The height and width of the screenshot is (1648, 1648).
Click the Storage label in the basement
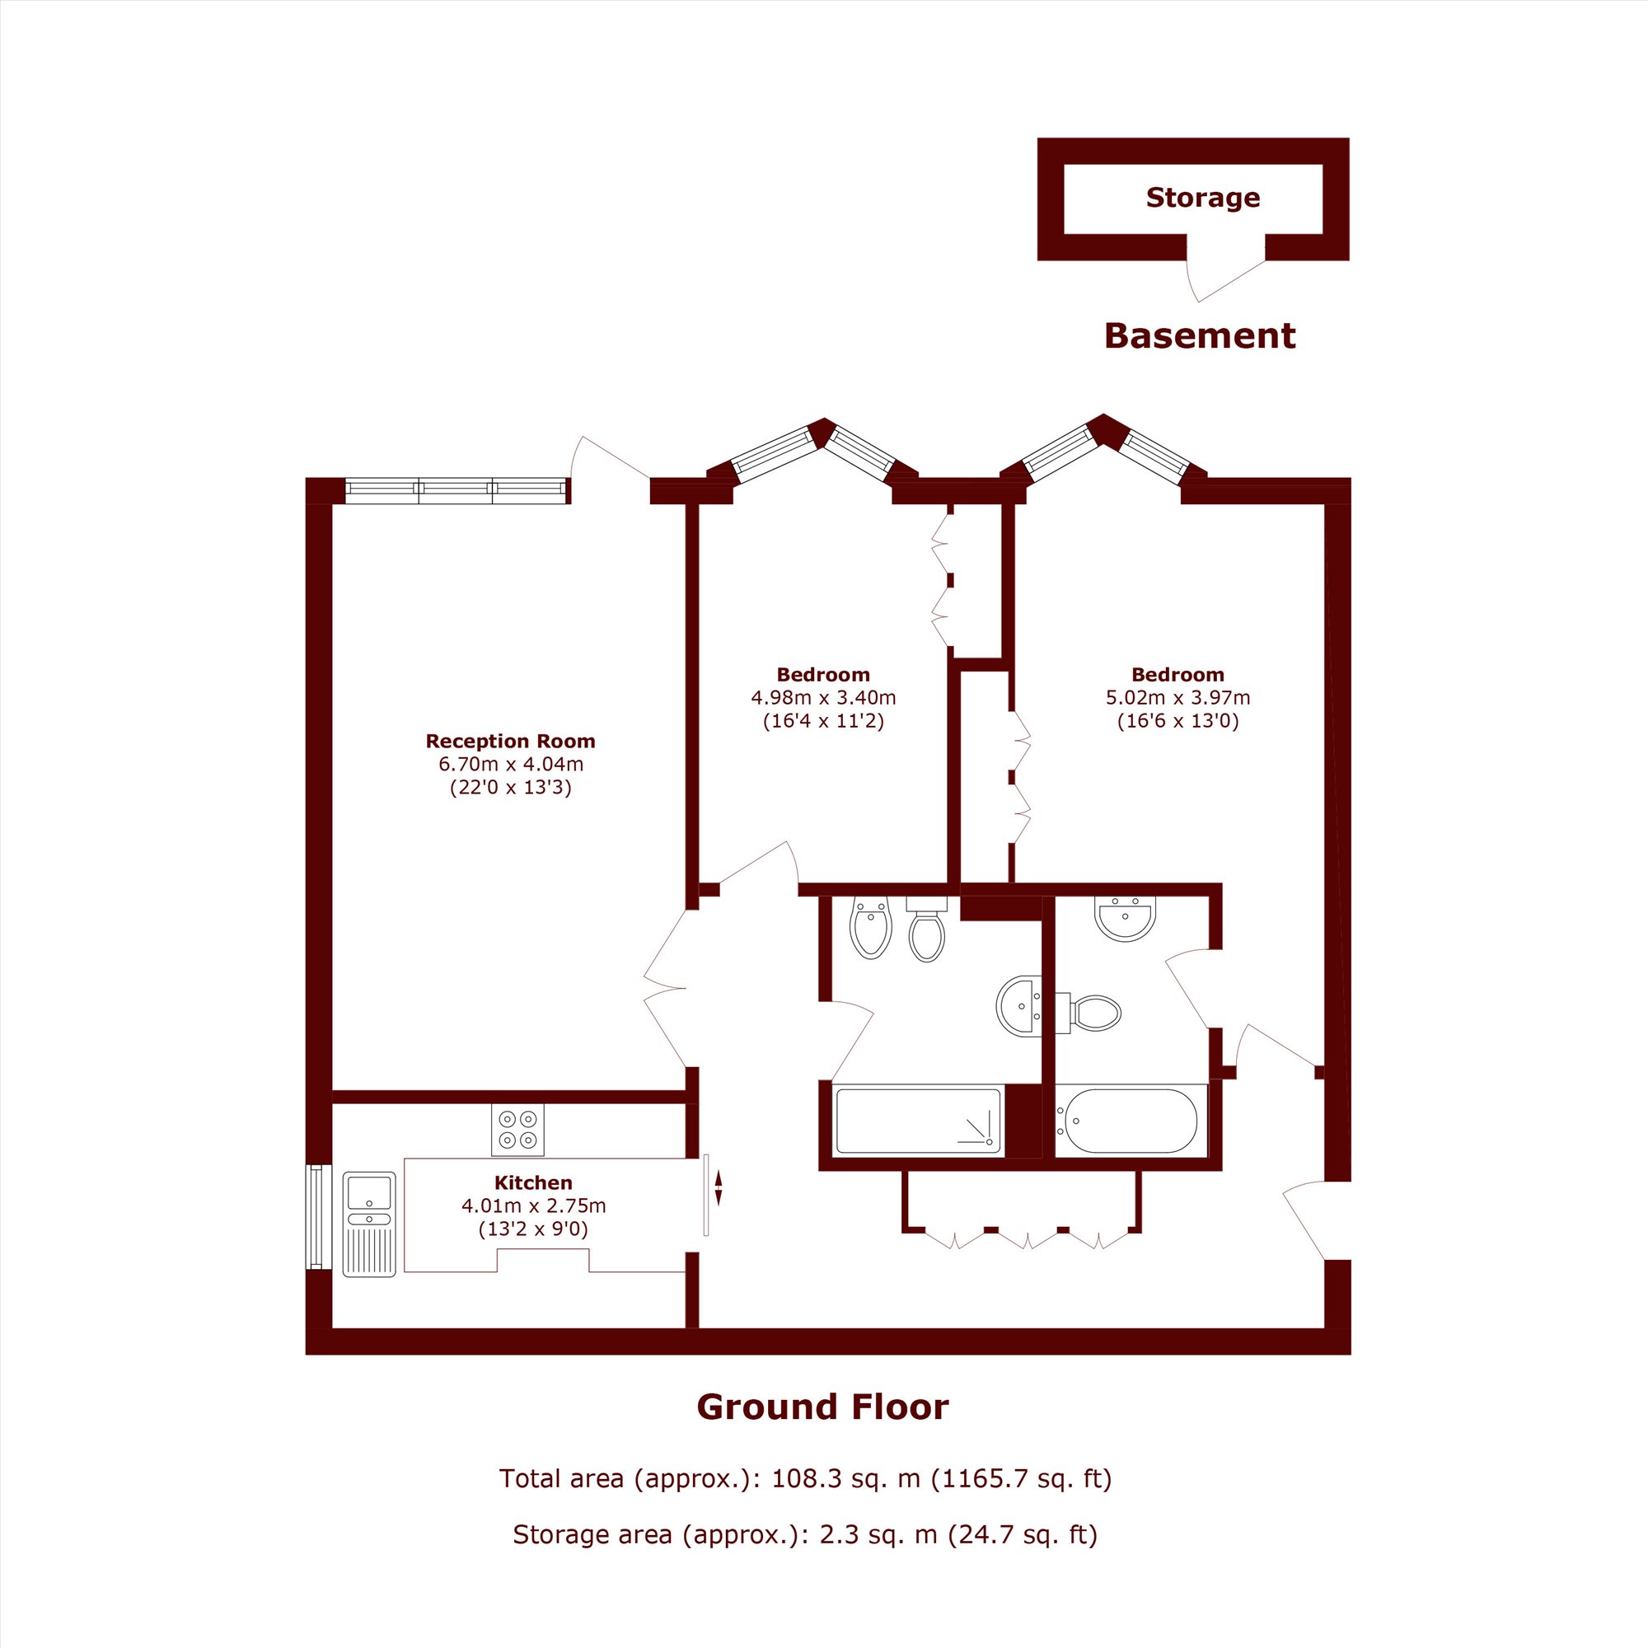point(1203,198)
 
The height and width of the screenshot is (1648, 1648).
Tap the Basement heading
point(1199,336)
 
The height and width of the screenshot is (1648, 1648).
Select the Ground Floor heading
point(822,1407)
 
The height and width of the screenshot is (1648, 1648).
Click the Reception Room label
point(510,742)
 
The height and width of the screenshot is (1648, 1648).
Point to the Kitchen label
point(533,1182)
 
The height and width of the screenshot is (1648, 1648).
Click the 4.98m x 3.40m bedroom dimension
point(823,698)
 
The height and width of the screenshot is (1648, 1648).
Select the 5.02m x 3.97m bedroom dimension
point(1178,698)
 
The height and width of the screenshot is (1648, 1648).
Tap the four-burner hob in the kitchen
point(517,1131)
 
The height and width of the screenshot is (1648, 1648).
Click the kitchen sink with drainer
point(369,1224)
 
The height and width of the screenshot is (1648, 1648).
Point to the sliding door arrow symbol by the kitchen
point(719,1188)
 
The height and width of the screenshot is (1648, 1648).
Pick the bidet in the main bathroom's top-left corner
point(871,927)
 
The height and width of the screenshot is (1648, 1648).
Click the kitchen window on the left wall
point(317,1217)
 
